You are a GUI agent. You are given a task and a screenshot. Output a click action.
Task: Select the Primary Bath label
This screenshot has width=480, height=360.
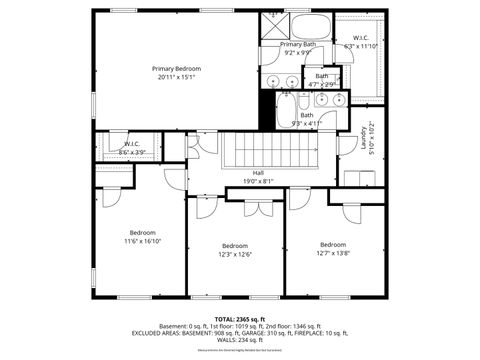[x=298, y=45]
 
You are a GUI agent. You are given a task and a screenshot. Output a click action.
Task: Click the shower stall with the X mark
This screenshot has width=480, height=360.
[x=275, y=25]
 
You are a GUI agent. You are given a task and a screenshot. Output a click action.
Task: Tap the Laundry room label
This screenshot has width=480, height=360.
[x=362, y=136]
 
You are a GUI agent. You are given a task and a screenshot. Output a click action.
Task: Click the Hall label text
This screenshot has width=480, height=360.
[x=258, y=173]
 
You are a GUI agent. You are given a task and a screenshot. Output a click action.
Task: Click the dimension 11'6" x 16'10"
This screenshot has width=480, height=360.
[x=143, y=241]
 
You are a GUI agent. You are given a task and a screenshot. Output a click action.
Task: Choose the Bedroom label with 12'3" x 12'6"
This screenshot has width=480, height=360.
[x=235, y=246]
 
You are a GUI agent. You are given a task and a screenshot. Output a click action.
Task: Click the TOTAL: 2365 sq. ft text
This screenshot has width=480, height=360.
[x=240, y=319]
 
